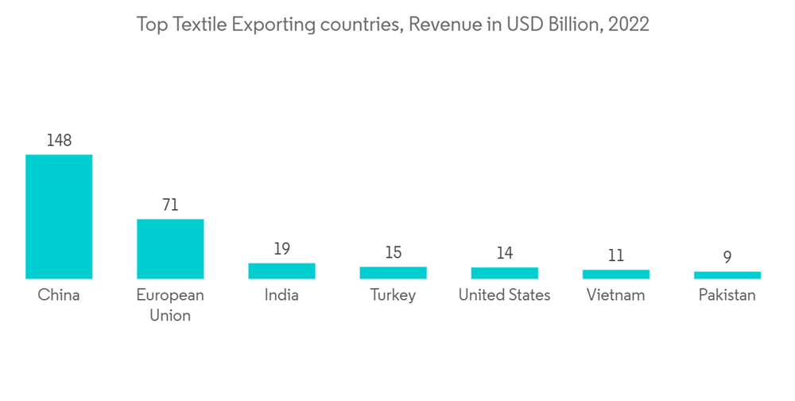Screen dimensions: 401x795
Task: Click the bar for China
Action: pyautogui.click(x=59, y=216)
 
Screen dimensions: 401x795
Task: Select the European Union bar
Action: pyautogui.click(x=170, y=249)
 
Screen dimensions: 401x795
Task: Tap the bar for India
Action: pyautogui.click(x=281, y=271)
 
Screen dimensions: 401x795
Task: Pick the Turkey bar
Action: pyautogui.click(x=393, y=272)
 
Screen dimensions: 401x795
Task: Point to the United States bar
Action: pyautogui.click(x=504, y=273)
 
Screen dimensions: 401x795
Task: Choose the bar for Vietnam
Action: pyautogui.click(x=615, y=274)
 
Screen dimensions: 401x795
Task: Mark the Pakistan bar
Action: pyautogui.click(x=727, y=275)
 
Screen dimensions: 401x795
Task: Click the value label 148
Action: pyautogui.click(x=59, y=141)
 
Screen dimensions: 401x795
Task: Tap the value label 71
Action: pyautogui.click(x=170, y=205)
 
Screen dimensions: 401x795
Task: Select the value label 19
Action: pyautogui.click(x=281, y=249)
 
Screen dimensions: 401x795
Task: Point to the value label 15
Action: pyautogui.click(x=393, y=253)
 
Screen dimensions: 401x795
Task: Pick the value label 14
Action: pyautogui.click(x=504, y=254)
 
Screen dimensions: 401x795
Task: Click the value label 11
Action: pyautogui.click(x=615, y=256)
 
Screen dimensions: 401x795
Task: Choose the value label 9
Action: pyautogui.click(x=727, y=258)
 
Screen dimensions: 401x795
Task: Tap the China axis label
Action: pyautogui.click(x=59, y=295)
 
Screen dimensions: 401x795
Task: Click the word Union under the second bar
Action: pyautogui.click(x=170, y=316)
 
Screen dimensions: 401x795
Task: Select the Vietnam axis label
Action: pyautogui.click(x=615, y=295)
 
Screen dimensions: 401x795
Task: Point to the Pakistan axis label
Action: pyautogui.click(x=727, y=295)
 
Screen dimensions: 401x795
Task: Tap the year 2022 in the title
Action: pyautogui.click(x=629, y=25)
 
